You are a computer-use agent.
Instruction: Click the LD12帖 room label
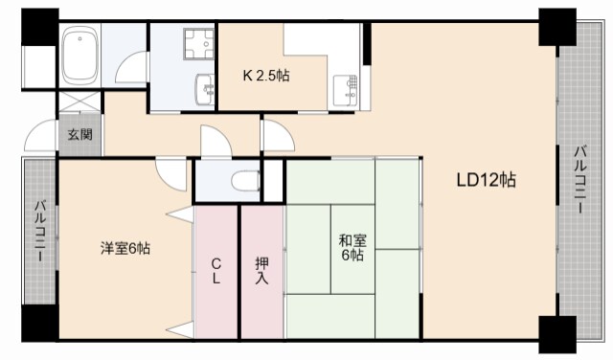[486, 179]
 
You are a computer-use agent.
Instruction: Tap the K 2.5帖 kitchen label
[265, 76]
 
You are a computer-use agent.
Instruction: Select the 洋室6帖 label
[125, 249]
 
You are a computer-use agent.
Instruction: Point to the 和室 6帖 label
[350, 249]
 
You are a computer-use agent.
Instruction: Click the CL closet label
[216, 271]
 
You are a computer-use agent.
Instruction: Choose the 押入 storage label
[261, 271]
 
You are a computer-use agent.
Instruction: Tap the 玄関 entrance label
[79, 134]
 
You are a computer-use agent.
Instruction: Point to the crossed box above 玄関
[79, 103]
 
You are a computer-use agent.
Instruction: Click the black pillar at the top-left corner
[39, 27]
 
